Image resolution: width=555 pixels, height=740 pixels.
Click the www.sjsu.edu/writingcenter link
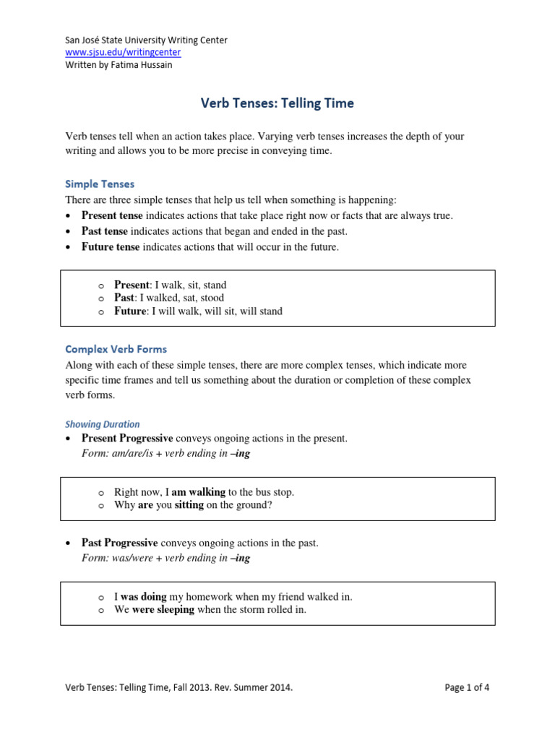click(x=123, y=53)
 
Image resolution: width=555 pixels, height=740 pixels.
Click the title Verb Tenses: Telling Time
click(x=277, y=103)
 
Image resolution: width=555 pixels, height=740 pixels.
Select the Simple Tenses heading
click(x=100, y=184)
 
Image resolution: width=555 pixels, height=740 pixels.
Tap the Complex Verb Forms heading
click(x=116, y=349)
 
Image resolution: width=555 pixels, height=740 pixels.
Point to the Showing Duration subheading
click(x=103, y=424)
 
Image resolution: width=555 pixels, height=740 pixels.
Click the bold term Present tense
click(x=112, y=215)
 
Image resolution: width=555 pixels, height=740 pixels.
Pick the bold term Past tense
click(x=105, y=231)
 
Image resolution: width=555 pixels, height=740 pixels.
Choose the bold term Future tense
click(x=111, y=247)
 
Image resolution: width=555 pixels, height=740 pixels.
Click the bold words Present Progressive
click(x=127, y=439)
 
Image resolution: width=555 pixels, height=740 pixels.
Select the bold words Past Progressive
click(x=119, y=543)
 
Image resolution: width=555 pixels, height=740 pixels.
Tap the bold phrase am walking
click(x=199, y=492)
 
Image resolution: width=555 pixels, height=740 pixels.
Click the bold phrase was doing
click(x=144, y=597)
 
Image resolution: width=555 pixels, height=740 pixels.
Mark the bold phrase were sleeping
click(x=163, y=610)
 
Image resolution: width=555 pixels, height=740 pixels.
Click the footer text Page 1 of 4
click(x=467, y=688)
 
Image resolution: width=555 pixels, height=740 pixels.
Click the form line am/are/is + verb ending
click(x=166, y=454)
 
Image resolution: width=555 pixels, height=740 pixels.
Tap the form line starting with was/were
click(x=166, y=558)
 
